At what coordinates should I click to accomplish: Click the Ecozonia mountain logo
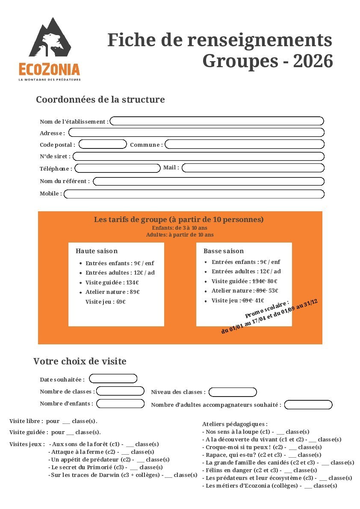tap(50, 38)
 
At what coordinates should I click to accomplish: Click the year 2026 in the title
tap(313, 61)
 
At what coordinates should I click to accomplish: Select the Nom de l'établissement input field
tap(217, 121)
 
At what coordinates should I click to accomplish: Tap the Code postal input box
tap(103, 144)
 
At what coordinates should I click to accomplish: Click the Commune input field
tap(245, 144)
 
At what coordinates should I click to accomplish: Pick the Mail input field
tap(253, 168)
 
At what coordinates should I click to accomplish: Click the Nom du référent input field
tap(209, 181)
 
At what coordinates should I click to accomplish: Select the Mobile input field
tap(194, 194)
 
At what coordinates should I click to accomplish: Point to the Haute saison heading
tap(97, 251)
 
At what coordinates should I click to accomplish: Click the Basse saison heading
tap(224, 251)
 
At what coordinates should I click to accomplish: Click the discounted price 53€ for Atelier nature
tap(273, 291)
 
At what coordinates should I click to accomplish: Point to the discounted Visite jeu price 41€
tap(260, 301)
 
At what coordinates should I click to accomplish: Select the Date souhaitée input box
tap(113, 379)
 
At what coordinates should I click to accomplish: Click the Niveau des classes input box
tap(233, 392)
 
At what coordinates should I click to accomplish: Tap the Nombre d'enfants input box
tap(121, 403)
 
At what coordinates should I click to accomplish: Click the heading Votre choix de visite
tap(80, 361)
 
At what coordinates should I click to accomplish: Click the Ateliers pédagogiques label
tap(235, 424)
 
